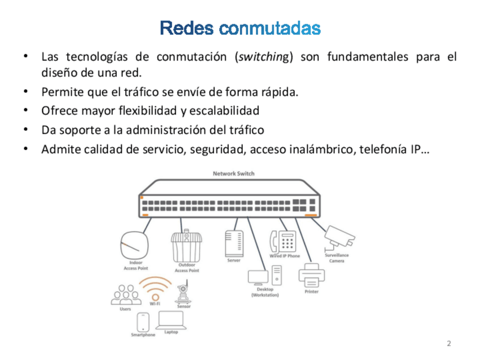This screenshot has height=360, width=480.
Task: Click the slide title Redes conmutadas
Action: (x=240, y=28)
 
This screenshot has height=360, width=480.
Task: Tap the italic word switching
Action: (x=263, y=57)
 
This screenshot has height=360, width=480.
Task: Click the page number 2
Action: (x=449, y=344)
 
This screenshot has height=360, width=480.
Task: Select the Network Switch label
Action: (x=233, y=174)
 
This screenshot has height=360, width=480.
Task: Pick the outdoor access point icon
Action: (x=186, y=246)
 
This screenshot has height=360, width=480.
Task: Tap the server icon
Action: (x=234, y=243)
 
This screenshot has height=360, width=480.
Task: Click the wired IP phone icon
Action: (x=284, y=242)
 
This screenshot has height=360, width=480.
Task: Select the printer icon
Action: (x=311, y=276)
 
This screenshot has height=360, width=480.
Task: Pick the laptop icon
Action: (x=171, y=320)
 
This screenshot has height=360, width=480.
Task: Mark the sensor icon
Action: (x=183, y=294)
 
